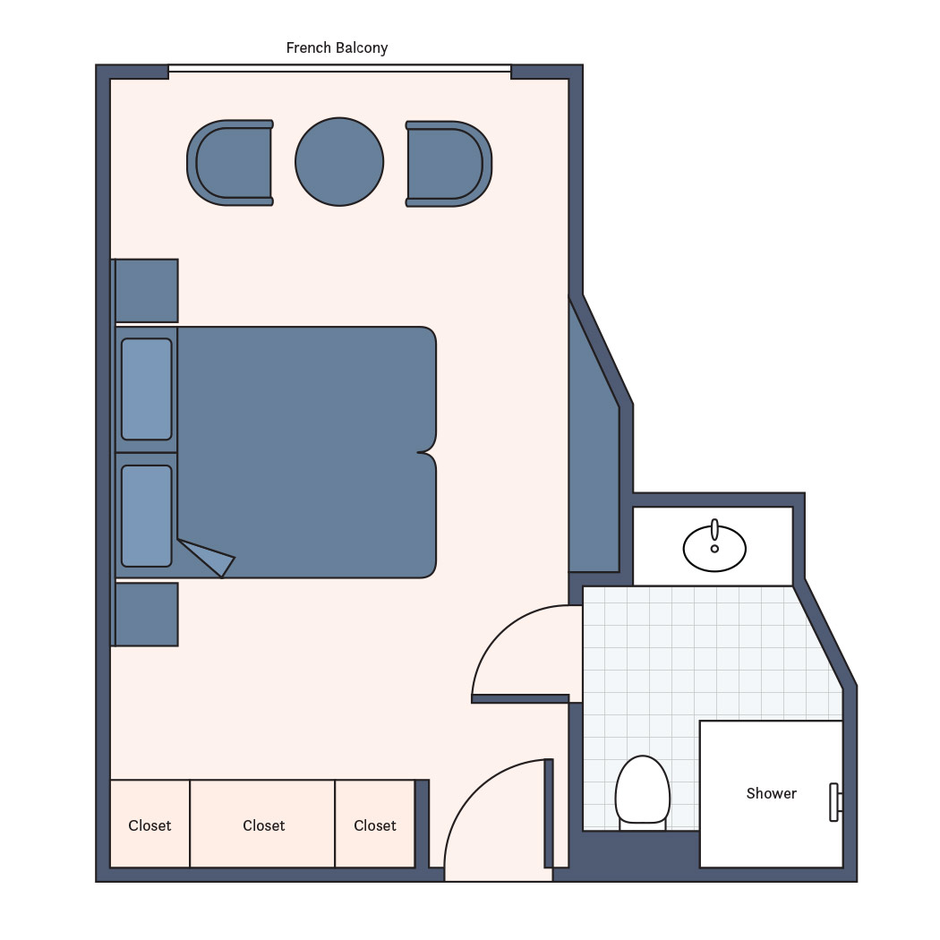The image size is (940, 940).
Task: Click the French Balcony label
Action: coord(337,48)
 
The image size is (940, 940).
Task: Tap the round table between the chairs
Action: coord(339,162)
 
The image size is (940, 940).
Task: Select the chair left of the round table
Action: coord(230,163)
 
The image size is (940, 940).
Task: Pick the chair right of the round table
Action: coord(449,164)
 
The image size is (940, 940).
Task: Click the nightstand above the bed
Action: coord(146,291)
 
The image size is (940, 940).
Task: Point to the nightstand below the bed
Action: coord(146,614)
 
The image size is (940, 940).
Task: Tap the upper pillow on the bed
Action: coord(147,389)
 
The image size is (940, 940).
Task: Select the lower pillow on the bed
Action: coord(147,517)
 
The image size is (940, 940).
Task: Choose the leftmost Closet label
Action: coord(150,825)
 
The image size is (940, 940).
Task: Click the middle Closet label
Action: coord(264,825)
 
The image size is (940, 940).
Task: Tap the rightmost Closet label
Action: coord(375,825)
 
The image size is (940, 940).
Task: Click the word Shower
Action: coord(772,793)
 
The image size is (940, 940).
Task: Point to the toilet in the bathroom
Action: coord(643,791)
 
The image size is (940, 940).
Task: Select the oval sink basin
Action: coord(714,549)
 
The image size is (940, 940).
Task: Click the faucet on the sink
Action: coord(714,531)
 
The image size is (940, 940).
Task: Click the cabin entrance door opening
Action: coord(498,874)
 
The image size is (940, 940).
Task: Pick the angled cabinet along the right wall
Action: coord(594,444)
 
